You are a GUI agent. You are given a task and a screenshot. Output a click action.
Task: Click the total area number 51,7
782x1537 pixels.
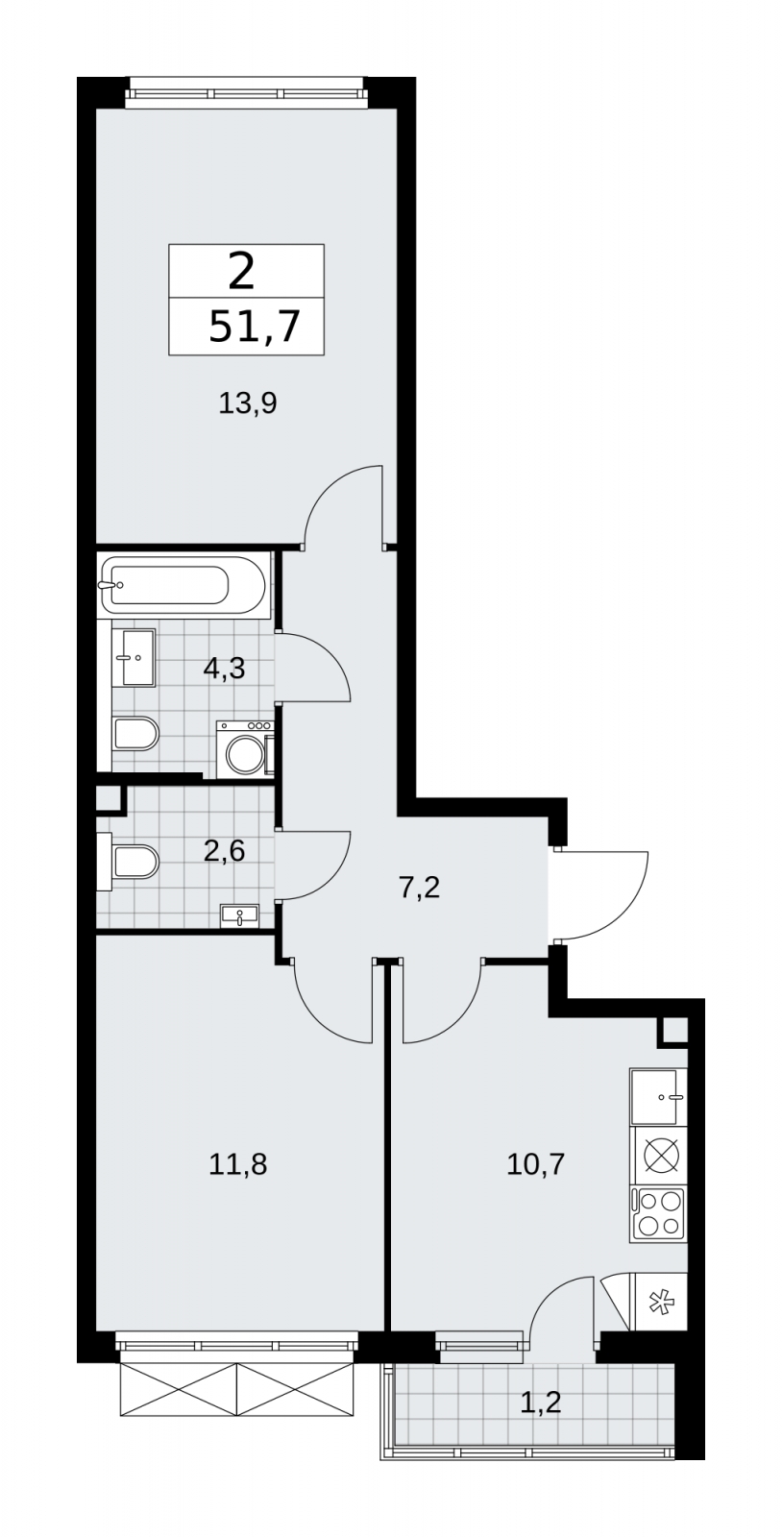pos(255,327)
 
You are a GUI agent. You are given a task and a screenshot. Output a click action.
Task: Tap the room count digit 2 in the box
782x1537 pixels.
pos(241,272)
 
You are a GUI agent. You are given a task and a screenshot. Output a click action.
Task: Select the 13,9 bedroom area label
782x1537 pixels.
pos(247,403)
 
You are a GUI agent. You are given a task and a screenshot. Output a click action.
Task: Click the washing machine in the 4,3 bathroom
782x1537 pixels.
pos(245,748)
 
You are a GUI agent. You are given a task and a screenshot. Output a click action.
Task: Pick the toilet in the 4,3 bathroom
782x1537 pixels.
pos(135,734)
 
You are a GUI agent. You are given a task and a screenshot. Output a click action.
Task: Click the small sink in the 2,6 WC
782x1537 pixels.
pos(239,915)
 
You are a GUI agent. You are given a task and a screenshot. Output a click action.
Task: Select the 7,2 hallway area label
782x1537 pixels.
pos(419,888)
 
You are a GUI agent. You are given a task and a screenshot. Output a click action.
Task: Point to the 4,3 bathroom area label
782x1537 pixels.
pos(224,668)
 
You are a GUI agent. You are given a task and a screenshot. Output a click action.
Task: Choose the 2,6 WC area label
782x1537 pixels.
pos(224,851)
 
